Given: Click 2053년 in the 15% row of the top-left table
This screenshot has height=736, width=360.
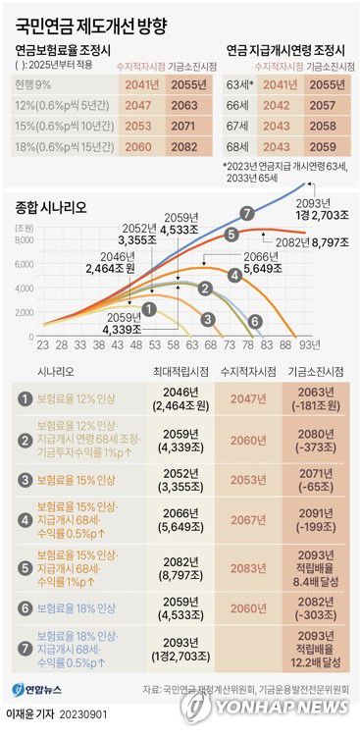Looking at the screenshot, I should (x=140, y=127).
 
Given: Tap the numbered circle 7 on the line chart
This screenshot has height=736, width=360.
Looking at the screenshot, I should (x=247, y=213).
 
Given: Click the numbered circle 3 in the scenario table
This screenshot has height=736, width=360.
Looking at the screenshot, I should (x=23, y=482).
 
